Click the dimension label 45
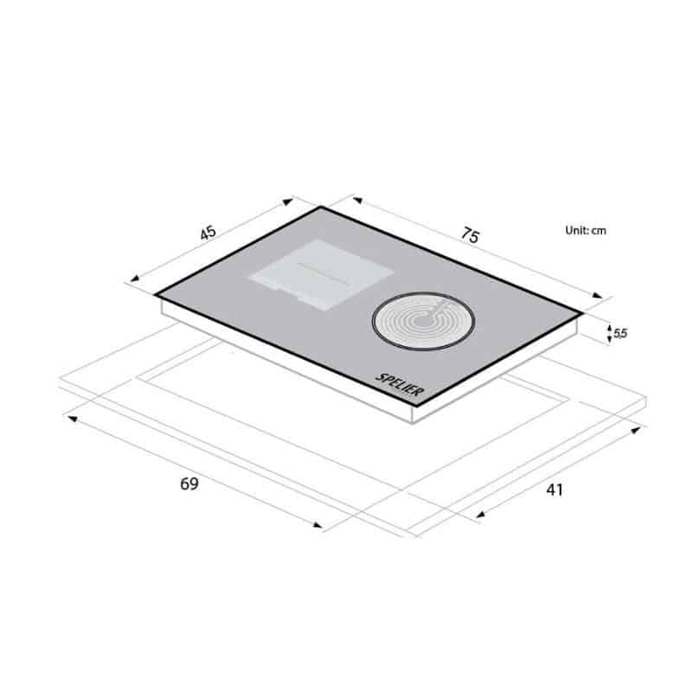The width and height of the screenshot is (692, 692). [208, 233]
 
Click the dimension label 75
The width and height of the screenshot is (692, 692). [470, 234]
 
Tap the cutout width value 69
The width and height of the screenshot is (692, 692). [189, 484]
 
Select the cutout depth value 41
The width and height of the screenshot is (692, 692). [554, 490]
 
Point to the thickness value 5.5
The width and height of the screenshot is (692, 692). [620, 333]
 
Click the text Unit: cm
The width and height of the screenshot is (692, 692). [586, 230]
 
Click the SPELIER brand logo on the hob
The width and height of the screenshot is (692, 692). [400, 385]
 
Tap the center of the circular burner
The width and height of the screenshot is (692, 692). [423, 321]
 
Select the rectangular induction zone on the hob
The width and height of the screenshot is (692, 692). [321, 274]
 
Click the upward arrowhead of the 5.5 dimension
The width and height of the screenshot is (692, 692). [610, 328]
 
